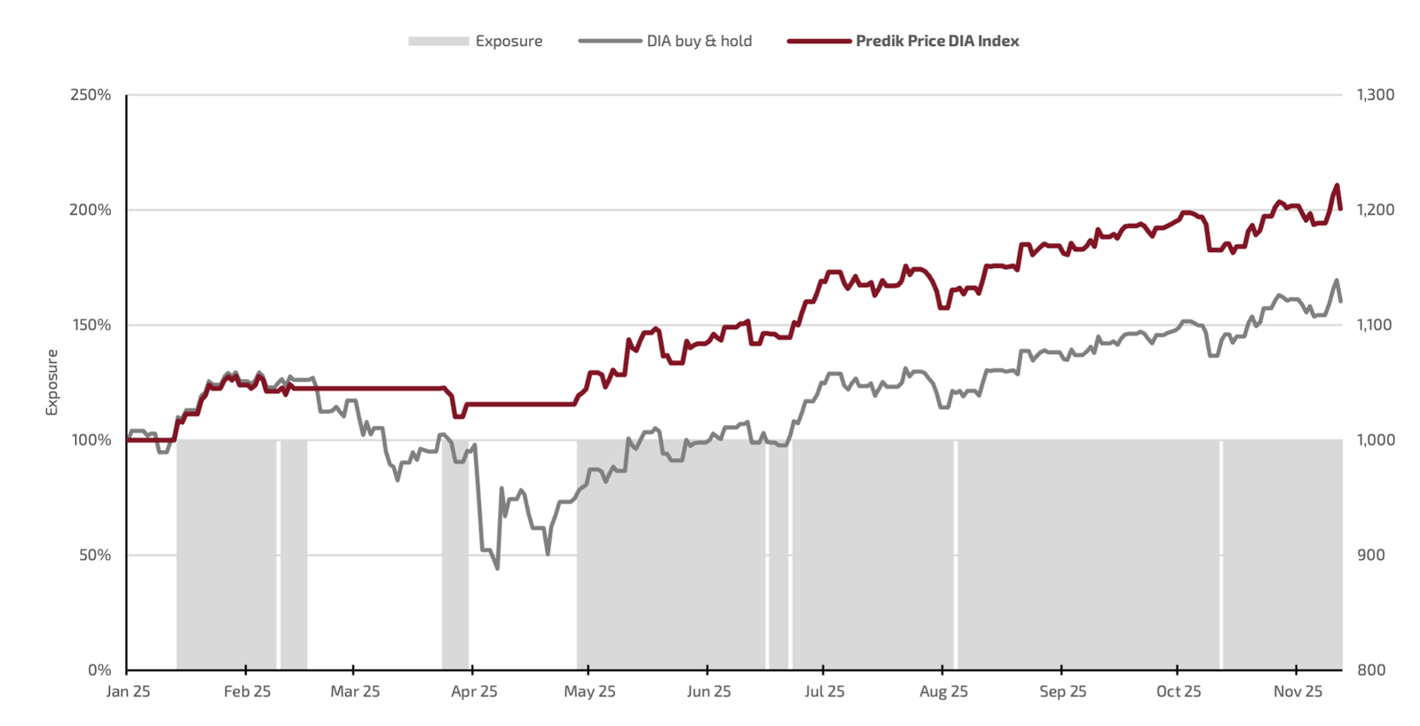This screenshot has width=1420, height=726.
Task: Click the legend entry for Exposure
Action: click(508, 41)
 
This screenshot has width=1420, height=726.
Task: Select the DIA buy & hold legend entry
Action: click(698, 41)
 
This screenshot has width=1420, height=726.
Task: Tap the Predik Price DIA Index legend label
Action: click(936, 41)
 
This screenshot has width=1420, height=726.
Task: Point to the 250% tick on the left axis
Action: click(91, 95)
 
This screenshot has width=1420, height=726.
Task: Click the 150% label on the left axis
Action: click(91, 325)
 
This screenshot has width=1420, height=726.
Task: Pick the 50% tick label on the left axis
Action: click(95, 555)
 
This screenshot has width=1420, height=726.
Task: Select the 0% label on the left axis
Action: click(99, 670)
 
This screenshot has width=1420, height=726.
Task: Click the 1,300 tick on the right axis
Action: click(1375, 95)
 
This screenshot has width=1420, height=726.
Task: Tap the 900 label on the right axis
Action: click(1370, 555)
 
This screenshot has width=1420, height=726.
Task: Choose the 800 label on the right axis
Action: click(1370, 670)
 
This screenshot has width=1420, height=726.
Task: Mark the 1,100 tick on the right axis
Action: click(1374, 325)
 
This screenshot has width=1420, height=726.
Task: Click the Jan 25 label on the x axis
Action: click(128, 691)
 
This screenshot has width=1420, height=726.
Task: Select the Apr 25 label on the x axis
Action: click(474, 691)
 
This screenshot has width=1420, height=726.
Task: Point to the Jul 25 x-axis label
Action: click(824, 691)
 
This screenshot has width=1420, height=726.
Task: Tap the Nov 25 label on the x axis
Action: click(1298, 691)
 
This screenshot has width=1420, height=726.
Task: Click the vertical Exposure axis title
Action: click(51, 382)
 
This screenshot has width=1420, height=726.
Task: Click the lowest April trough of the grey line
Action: click(497, 568)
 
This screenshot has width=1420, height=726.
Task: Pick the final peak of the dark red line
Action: click(1337, 185)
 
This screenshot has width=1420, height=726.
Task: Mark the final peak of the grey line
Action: click(1337, 280)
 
